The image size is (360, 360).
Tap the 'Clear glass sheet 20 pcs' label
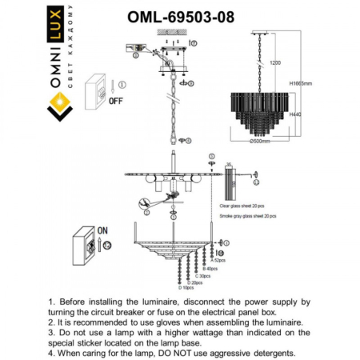click(245, 206)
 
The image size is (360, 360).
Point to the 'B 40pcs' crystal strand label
click(210, 268)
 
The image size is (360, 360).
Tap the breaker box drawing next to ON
click(84, 247)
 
